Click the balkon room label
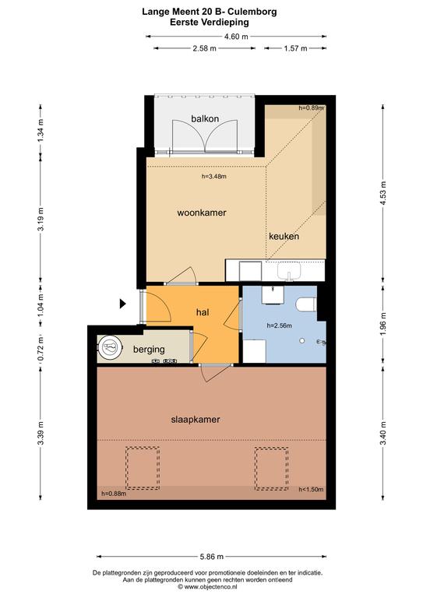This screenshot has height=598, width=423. pos(205,118)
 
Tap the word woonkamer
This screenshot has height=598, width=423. pos(202,213)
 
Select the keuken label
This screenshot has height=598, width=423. pos(284,236)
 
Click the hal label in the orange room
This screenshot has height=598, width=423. pos(203,312)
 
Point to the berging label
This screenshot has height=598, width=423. pos(149,350)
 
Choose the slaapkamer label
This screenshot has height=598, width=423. pos(196,420)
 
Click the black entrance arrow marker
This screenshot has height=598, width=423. pos(123,304)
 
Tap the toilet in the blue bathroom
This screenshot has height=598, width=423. pos(306,305)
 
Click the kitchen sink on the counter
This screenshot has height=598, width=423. pos(289,271)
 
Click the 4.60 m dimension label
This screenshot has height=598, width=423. pos(236,37)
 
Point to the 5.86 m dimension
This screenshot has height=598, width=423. pos(212,557)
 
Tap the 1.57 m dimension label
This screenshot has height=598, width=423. pos(295,48)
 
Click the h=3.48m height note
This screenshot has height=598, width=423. pos(214,176)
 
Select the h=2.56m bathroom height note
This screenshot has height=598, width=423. pos(279,325)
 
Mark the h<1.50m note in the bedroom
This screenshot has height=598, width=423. pos(311,489)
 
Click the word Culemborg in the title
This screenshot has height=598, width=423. pos(254,12)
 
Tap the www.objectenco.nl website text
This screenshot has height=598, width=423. pos(213,586)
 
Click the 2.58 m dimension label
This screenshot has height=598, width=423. pos(205,48)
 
